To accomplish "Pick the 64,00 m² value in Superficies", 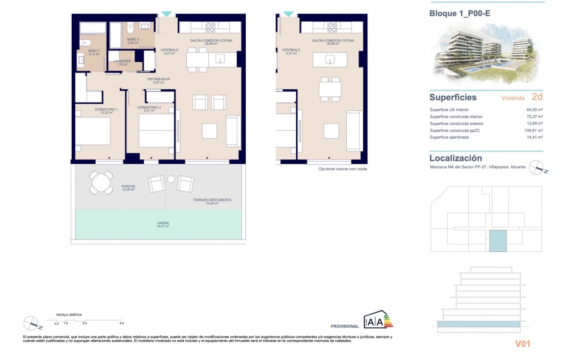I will tap(534, 109).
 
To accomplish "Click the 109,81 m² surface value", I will tap(534, 130).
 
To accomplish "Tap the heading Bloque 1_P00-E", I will tap(460, 14).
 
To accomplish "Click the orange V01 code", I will tap(522, 344).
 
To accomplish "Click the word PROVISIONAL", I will tap(345, 327).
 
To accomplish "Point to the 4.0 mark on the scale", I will tap(121, 323).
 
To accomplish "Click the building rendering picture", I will tap(486, 51).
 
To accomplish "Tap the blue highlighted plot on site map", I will tap(497, 241).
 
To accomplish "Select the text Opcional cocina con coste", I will tap(342, 169).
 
